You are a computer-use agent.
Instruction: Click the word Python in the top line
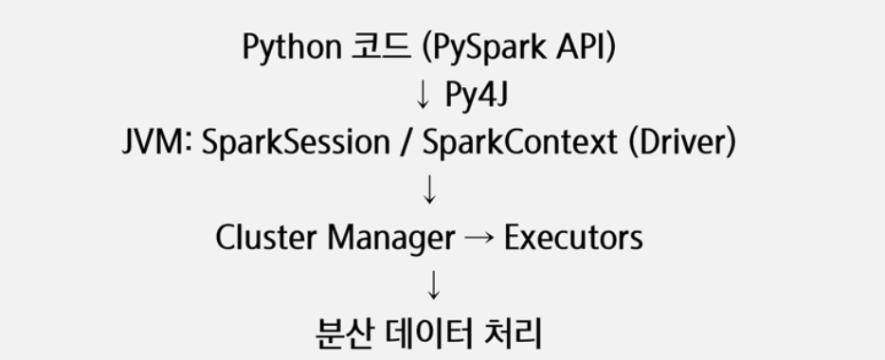[x=292, y=47]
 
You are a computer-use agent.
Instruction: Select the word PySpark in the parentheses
[x=485, y=47]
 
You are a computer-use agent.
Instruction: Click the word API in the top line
[x=580, y=46]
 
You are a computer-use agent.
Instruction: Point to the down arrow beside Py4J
[x=423, y=94]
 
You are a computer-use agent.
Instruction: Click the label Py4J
[x=477, y=94]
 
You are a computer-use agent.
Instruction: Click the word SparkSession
[x=296, y=141]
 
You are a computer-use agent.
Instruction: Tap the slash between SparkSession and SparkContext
[x=406, y=141]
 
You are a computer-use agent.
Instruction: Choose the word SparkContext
[x=520, y=141]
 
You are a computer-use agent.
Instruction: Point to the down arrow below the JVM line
[x=429, y=189]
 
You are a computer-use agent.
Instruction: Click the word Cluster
[x=266, y=237]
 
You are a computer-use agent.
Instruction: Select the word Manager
[x=391, y=238]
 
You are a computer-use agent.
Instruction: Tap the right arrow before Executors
[x=479, y=239]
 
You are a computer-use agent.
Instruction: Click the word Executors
[x=573, y=237]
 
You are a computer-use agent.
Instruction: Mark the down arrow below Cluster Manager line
[x=433, y=284]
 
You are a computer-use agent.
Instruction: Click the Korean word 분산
[x=344, y=333]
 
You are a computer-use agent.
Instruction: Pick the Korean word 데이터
[x=429, y=333]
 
